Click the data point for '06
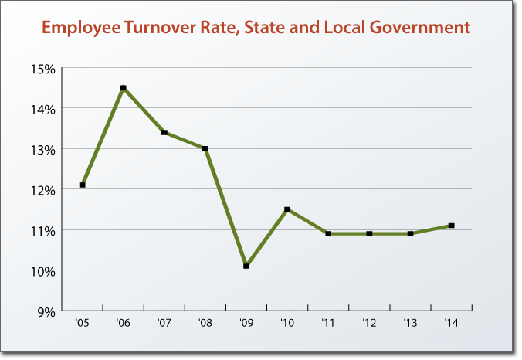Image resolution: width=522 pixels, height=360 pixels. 123,88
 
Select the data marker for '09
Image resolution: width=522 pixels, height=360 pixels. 246,266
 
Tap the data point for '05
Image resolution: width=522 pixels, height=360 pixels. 82,185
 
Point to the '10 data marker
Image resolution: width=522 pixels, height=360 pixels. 287,209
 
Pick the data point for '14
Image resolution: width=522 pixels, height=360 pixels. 452,226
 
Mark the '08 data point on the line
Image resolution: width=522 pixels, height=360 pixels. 205,148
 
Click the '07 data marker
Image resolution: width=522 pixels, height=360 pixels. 164,132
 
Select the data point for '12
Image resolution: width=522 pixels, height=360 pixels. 370,233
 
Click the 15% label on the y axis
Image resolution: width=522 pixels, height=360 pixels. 43,69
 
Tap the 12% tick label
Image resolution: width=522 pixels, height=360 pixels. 43,190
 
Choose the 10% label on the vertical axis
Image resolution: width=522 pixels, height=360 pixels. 43,271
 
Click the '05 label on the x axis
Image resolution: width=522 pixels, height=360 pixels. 82,323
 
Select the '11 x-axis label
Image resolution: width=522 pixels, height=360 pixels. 328,323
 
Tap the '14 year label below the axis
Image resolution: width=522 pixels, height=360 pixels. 452,323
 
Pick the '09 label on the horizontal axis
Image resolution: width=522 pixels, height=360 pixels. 246,323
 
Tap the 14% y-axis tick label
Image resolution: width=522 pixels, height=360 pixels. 43,109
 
